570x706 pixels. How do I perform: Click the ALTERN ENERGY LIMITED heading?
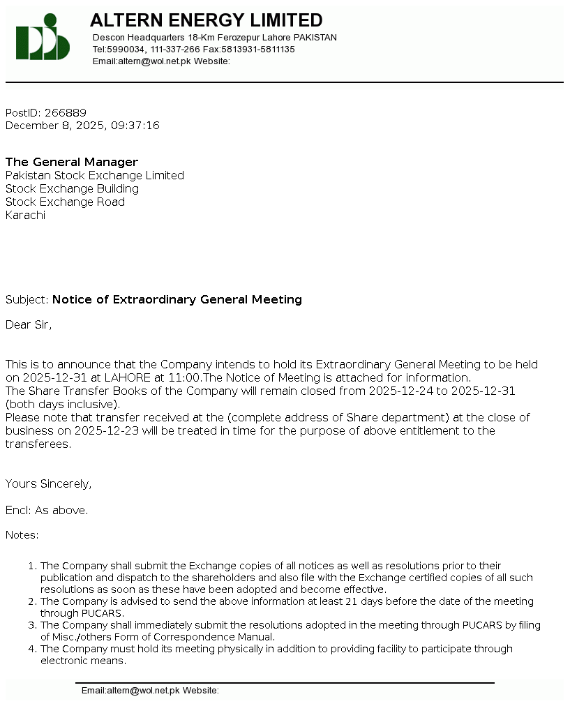coord(206,20)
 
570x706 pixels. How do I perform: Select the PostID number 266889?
coord(66,113)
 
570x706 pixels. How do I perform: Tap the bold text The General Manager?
coord(72,163)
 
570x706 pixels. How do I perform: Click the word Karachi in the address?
coord(25,216)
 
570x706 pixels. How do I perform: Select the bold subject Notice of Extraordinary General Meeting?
coord(177,300)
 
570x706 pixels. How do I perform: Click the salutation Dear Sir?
coord(29,324)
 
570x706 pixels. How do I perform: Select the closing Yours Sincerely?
coord(49,484)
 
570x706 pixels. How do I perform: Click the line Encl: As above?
coord(47,511)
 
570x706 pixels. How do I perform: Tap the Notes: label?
coord(22,535)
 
